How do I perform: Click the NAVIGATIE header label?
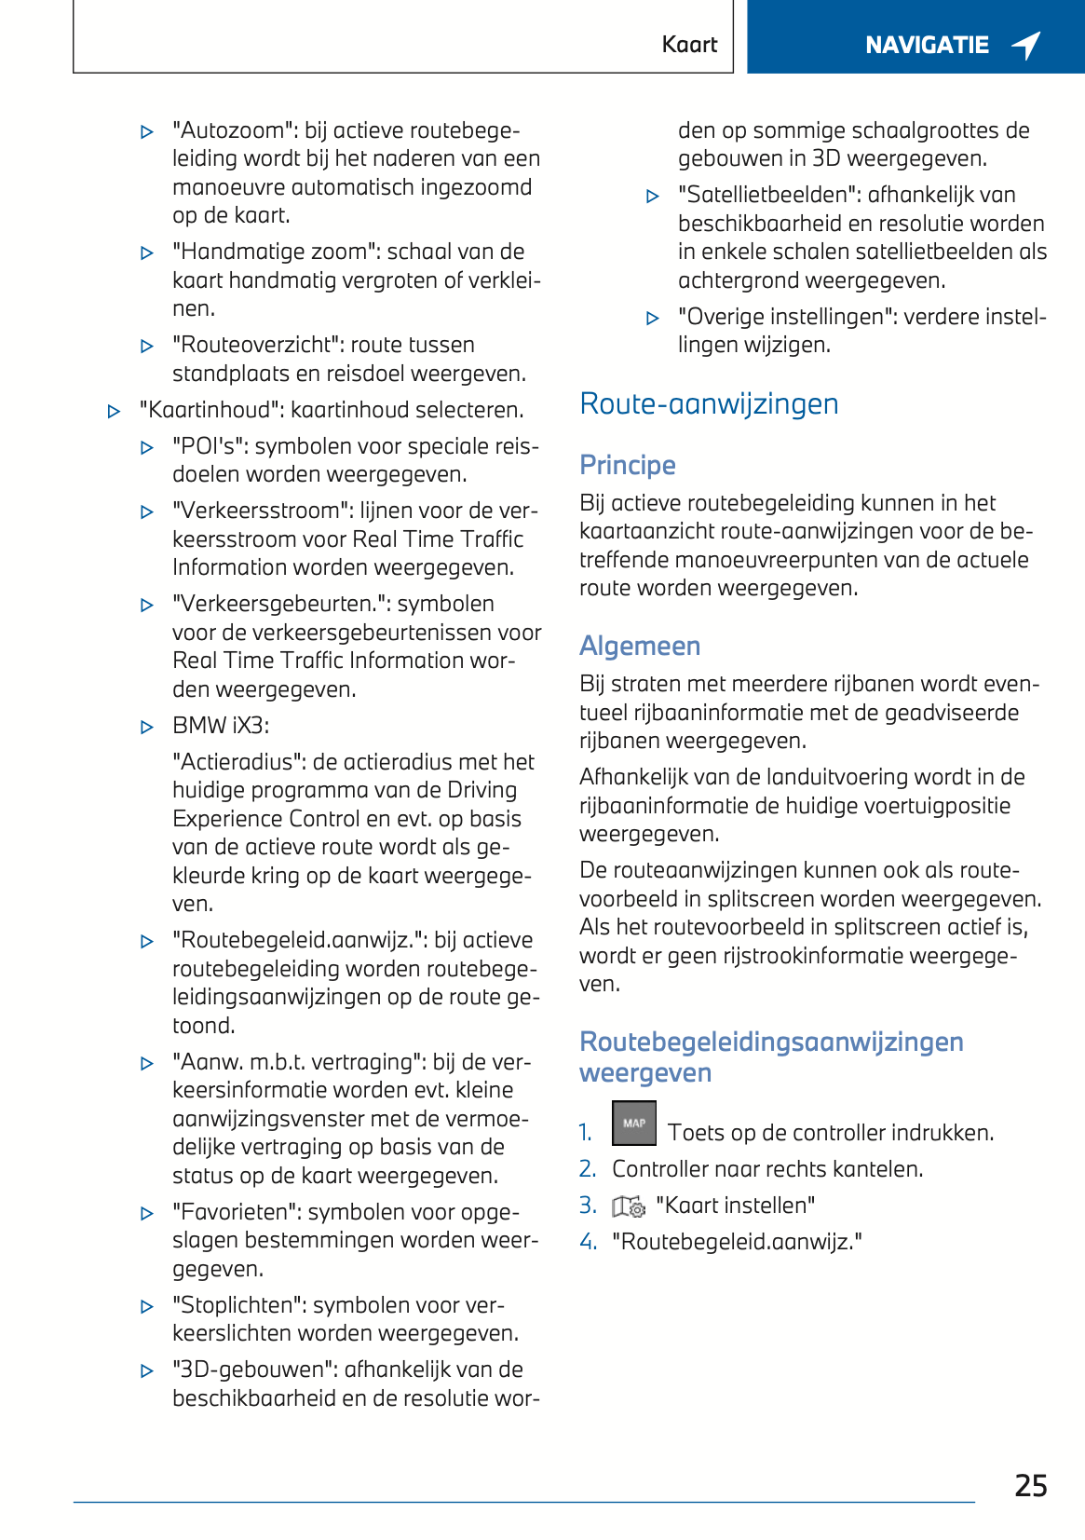click(x=927, y=45)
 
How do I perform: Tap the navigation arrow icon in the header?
click(x=1026, y=45)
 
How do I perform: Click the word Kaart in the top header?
click(x=689, y=45)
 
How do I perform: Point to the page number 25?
click(x=1031, y=1485)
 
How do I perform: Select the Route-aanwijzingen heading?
click(x=709, y=403)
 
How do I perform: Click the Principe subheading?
click(x=628, y=465)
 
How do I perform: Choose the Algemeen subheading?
click(x=640, y=646)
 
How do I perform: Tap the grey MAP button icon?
click(x=634, y=1123)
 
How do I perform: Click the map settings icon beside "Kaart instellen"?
click(x=629, y=1206)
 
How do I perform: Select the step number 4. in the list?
click(x=588, y=1242)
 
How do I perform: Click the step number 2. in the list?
click(x=588, y=1169)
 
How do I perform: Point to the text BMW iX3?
click(x=221, y=726)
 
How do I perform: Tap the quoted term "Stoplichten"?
click(x=248, y=1305)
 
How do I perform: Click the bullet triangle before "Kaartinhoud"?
click(x=114, y=411)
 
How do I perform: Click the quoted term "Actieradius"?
click(x=239, y=762)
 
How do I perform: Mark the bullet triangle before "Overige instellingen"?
click(x=653, y=318)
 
